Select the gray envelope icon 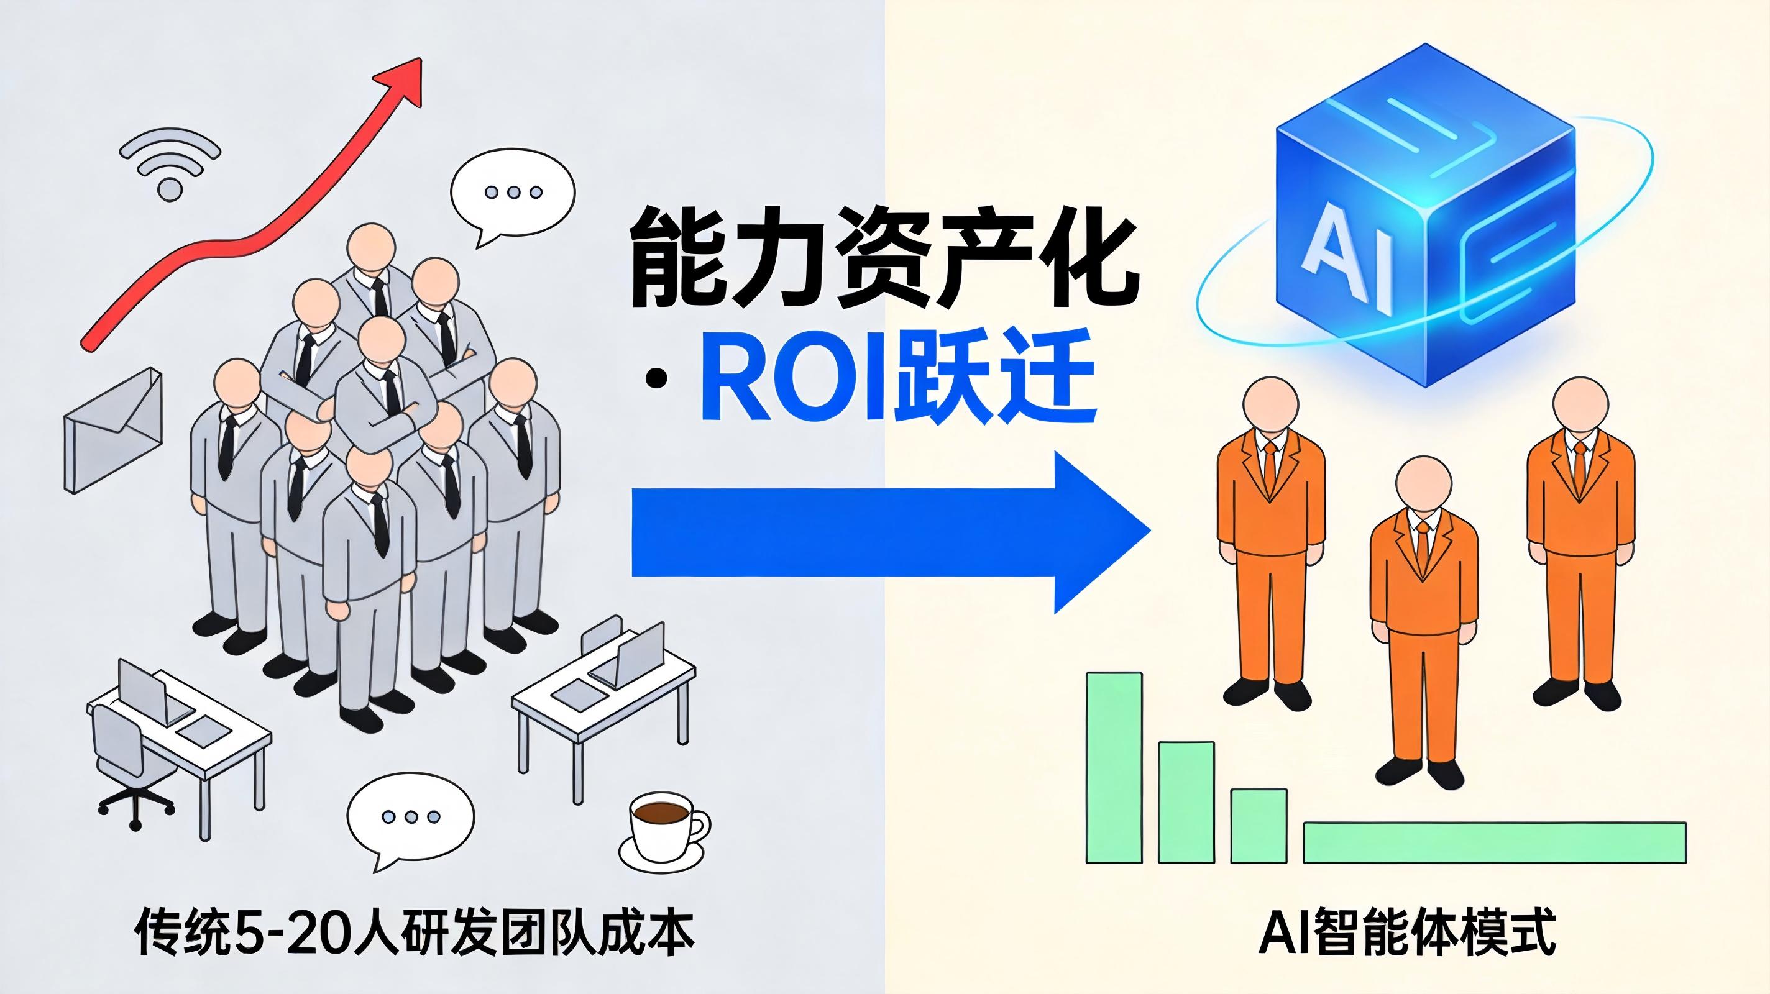(x=112, y=430)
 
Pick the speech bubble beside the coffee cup (x=410, y=819)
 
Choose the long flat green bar (x=1495, y=842)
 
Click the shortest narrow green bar (x=1259, y=826)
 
